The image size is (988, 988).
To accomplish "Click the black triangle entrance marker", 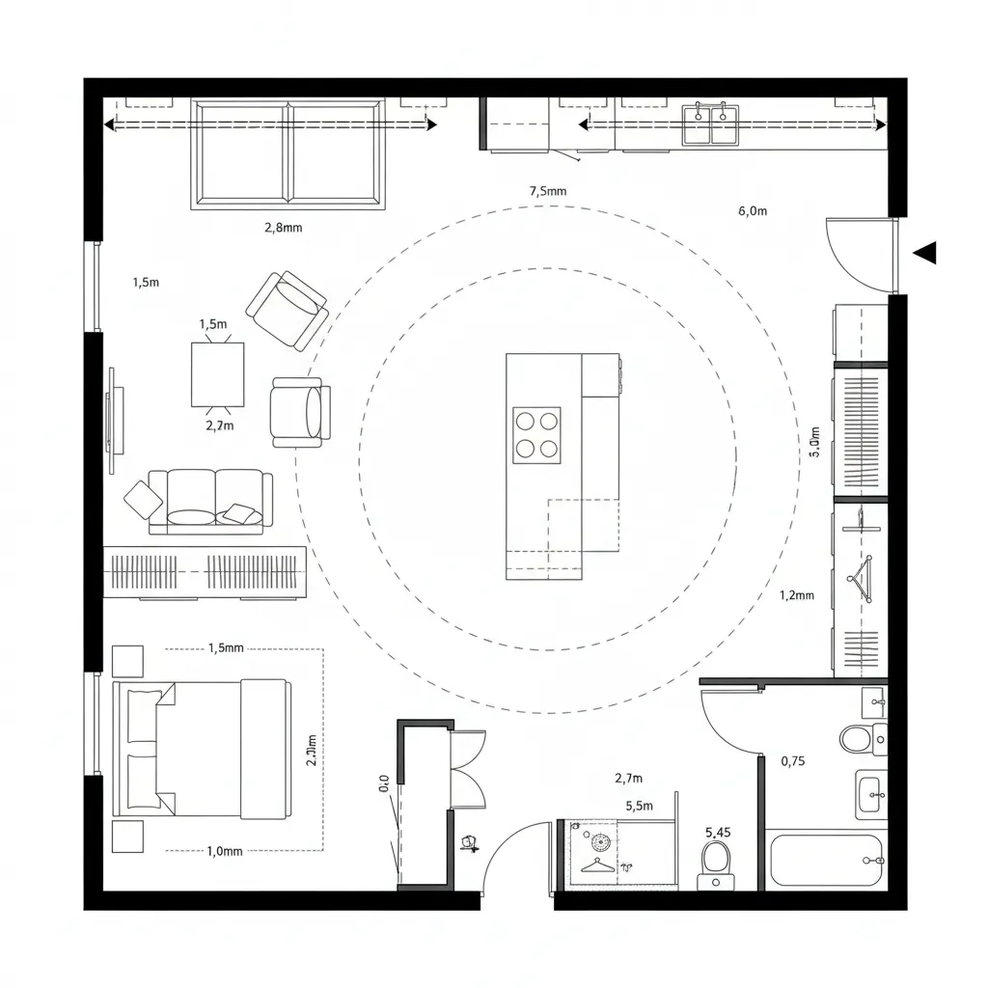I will (x=925, y=253).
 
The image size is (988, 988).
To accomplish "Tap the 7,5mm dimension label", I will (x=548, y=191).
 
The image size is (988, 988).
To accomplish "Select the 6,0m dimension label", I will (x=752, y=211).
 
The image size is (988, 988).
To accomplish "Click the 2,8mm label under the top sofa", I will (x=283, y=229).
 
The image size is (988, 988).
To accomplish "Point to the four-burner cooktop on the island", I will (x=536, y=434).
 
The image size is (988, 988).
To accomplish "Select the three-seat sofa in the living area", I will (x=205, y=501).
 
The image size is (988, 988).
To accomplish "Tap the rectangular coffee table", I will (x=218, y=374).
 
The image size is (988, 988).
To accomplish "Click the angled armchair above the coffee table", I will (x=288, y=309).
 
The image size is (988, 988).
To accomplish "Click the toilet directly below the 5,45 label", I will (x=716, y=862).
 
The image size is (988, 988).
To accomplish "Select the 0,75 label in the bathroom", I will (x=792, y=761).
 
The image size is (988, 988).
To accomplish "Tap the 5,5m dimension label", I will (x=639, y=807).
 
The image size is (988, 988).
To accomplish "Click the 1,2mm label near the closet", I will (x=796, y=595).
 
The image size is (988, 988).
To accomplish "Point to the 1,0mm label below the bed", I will (x=226, y=851).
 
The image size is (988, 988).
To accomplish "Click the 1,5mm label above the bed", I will (x=226, y=648).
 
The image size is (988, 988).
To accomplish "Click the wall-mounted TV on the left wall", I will (x=113, y=421).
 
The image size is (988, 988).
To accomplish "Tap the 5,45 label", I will (x=718, y=832).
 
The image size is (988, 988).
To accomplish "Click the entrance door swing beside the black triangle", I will (x=859, y=254).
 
